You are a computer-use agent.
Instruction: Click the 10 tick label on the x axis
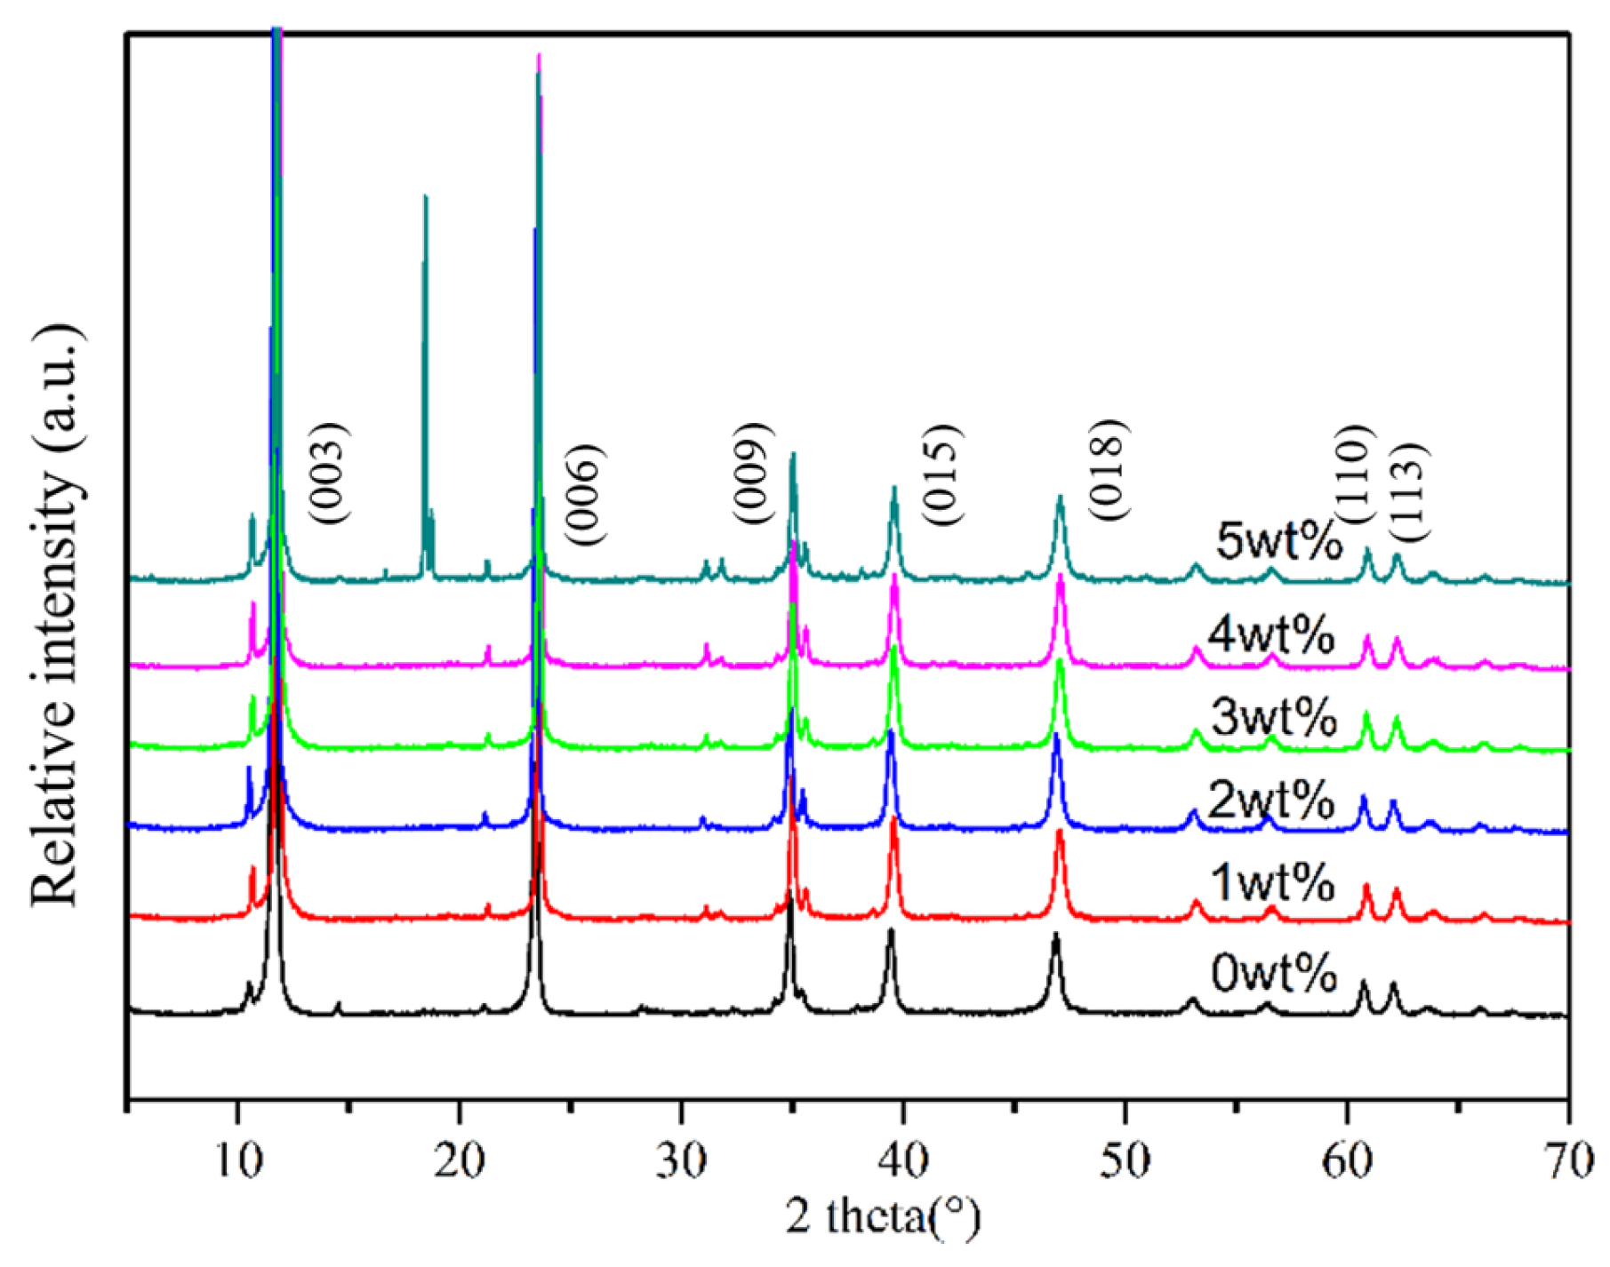click(236, 1160)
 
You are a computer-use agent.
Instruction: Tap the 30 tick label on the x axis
click(681, 1160)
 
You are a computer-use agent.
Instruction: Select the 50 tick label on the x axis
click(1125, 1160)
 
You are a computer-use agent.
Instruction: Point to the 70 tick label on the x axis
click(1567, 1160)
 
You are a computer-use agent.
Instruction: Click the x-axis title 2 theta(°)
click(883, 1216)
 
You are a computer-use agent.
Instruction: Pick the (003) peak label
click(328, 473)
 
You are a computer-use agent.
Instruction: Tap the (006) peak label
click(584, 494)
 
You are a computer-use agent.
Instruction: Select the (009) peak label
click(751, 474)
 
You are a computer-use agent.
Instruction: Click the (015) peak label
click(941, 475)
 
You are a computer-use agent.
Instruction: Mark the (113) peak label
click(1407, 491)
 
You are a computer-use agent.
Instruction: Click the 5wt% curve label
click(1278, 540)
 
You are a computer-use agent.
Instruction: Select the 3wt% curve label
click(1273, 716)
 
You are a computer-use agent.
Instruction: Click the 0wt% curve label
click(1273, 973)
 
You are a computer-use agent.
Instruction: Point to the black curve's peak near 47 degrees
click(1056, 936)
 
